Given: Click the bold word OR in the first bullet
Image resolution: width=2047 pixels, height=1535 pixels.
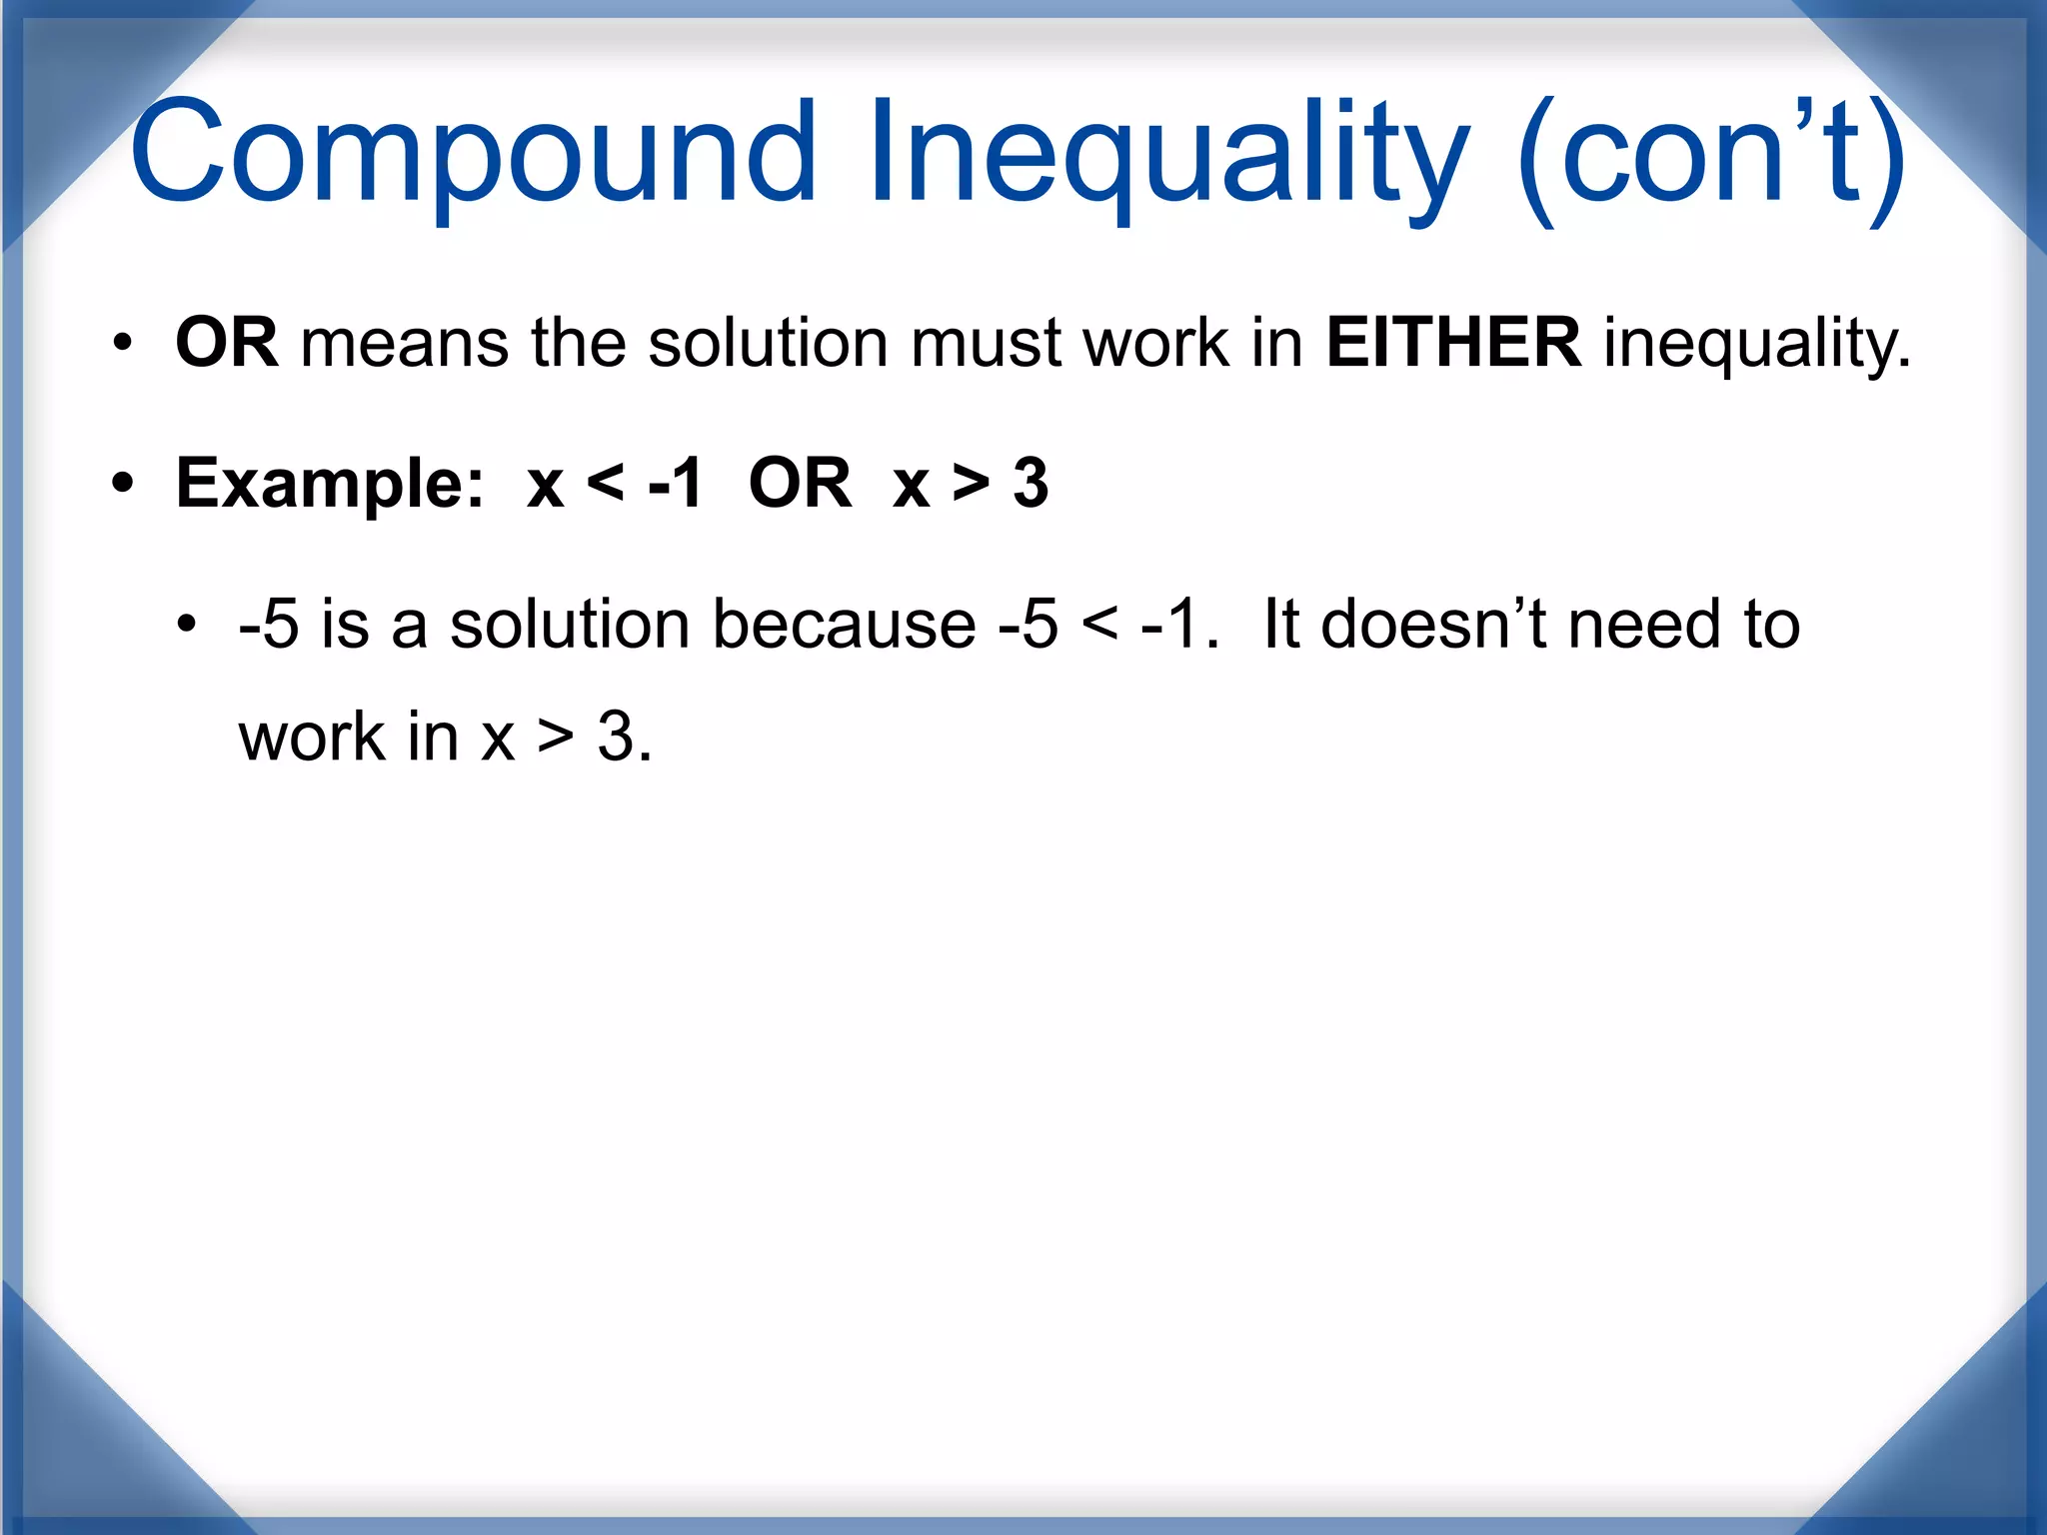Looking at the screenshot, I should pyautogui.click(x=226, y=343).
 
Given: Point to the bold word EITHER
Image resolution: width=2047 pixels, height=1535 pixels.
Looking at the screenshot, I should pyautogui.click(x=1452, y=343).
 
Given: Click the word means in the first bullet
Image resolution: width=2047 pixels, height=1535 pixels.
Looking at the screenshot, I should pyautogui.click(x=404, y=343).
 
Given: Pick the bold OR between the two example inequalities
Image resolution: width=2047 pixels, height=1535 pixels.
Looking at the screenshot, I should pyautogui.click(x=800, y=484).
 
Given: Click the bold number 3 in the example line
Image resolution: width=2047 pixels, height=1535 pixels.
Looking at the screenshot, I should pyautogui.click(x=1030, y=484).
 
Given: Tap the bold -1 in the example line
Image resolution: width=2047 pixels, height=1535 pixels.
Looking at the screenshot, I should pyautogui.click(x=676, y=484).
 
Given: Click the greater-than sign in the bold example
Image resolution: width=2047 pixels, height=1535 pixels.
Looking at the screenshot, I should pyautogui.click(x=971, y=484).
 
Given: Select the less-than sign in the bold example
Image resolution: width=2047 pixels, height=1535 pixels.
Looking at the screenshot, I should pyautogui.click(x=606, y=484).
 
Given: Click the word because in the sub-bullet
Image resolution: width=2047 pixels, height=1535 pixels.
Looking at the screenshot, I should pyautogui.click(x=844, y=625).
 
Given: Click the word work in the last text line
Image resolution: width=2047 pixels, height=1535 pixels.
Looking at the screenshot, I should pyautogui.click(x=312, y=738).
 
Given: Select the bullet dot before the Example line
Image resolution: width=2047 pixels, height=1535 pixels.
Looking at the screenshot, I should pyautogui.click(x=122, y=485).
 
